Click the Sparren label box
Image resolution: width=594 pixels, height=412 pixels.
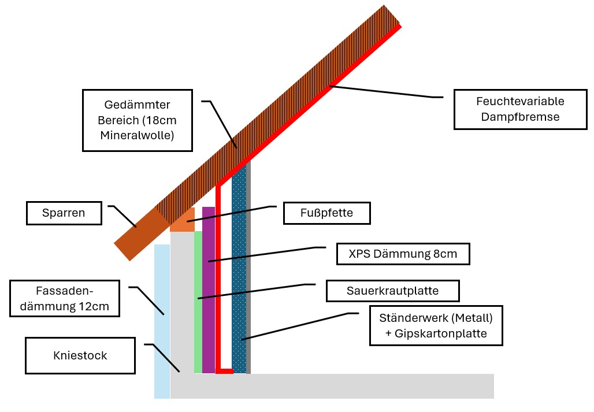point(64,213)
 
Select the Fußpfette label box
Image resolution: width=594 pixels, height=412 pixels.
point(326,213)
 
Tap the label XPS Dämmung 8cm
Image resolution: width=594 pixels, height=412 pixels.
point(402,254)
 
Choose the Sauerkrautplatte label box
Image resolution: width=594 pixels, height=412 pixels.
point(392,291)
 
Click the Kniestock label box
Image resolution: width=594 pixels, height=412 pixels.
point(80,355)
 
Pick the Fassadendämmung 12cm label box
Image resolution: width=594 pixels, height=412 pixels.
point(64,299)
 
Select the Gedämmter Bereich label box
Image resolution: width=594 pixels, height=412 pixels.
point(137,120)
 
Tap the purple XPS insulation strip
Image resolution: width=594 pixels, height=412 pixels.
point(209,289)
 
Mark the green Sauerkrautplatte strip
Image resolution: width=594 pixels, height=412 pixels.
point(198,300)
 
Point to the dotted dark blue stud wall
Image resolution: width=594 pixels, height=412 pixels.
point(239,272)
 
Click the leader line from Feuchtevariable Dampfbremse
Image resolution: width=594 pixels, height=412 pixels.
point(381,92)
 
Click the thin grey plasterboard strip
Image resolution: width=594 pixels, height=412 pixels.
point(248,272)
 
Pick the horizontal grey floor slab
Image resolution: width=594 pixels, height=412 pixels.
point(347,386)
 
